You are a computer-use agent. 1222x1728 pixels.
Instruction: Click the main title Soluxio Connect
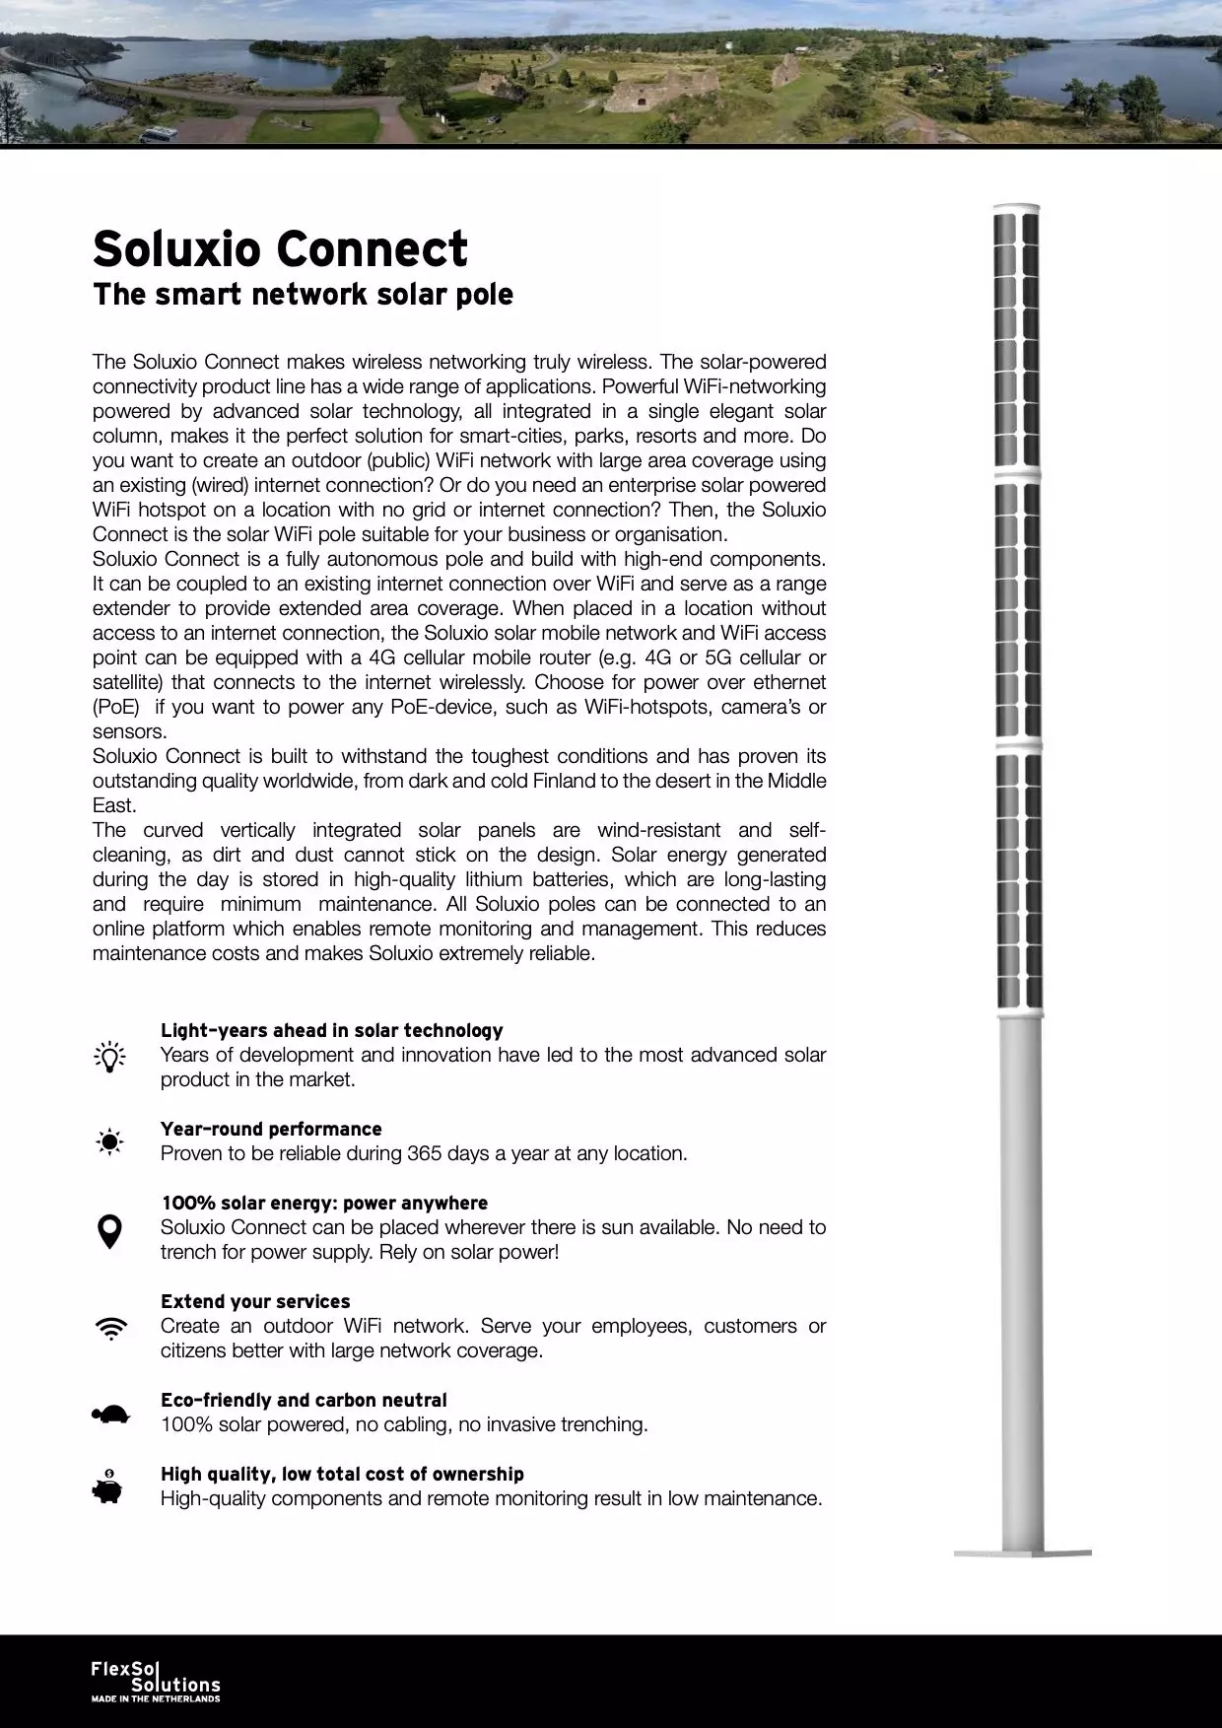click(x=280, y=248)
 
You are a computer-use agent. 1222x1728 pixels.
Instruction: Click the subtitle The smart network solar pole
click(x=303, y=295)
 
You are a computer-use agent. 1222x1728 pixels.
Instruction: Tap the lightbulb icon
click(x=109, y=1056)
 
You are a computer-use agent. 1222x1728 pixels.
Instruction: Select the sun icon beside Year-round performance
click(x=109, y=1141)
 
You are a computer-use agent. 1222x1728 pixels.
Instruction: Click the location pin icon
click(x=109, y=1231)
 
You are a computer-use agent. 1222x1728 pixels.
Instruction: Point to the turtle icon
click(x=110, y=1415)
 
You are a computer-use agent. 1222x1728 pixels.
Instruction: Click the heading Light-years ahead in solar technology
click(x=331, y=1030)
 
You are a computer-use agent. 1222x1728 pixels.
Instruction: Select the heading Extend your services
click(x=255, y=1301)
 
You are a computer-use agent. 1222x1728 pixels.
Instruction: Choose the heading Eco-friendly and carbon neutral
click(x=304, y=1400)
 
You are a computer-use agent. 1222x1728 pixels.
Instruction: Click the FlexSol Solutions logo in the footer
click(x=155, y=1677)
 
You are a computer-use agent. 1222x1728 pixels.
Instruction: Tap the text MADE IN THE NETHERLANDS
click(x=156, y=1698)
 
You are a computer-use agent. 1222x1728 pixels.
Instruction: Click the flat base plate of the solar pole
click(x=1022, y=1554)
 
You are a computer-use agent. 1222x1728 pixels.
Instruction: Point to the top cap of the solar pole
click(x=1016, y=208)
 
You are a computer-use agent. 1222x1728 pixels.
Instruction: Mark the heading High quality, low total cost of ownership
click(x=342, y=1474)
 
